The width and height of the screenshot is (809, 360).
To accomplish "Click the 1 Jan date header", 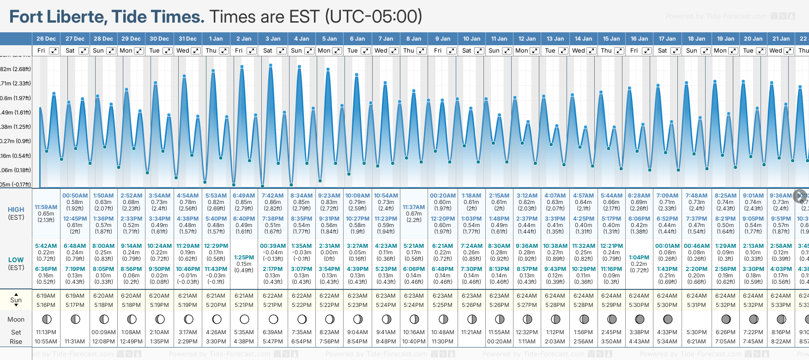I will (x=216, y=39).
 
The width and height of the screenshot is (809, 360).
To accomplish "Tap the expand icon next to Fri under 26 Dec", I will (x=54, y=51).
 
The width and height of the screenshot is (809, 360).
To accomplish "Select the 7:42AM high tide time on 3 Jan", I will (x=272, y=196).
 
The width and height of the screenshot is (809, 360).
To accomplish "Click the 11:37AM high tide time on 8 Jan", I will (x=414, y=207).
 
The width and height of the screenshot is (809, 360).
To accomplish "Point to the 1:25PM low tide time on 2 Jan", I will (x=244, y=258).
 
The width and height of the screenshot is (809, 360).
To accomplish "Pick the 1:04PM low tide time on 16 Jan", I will (x=639, y=258).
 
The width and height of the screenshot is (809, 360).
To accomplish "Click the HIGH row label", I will (x=16, y=210).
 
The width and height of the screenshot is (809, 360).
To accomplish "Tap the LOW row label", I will (x=16, y=260).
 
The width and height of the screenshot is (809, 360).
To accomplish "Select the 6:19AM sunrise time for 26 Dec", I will (x=46, y=296).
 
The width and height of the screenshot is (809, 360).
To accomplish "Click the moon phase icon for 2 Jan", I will (x=244, y=319).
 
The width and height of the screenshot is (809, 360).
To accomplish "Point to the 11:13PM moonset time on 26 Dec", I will (x=46, y=332).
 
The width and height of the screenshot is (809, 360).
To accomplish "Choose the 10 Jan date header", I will (x=471, y=39).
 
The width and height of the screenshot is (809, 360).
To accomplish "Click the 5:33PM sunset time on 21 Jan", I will (x=781, y=305).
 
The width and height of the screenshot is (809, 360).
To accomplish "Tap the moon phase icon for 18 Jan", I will (x=696, y=319).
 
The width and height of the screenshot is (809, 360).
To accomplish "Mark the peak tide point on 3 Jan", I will (x=271, y=65).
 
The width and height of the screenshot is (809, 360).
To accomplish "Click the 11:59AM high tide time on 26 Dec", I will (x=46, y=207).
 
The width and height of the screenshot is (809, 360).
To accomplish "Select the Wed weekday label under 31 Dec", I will (x=183, y=51).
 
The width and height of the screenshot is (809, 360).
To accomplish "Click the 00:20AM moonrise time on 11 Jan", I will (x=499, y=342).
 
